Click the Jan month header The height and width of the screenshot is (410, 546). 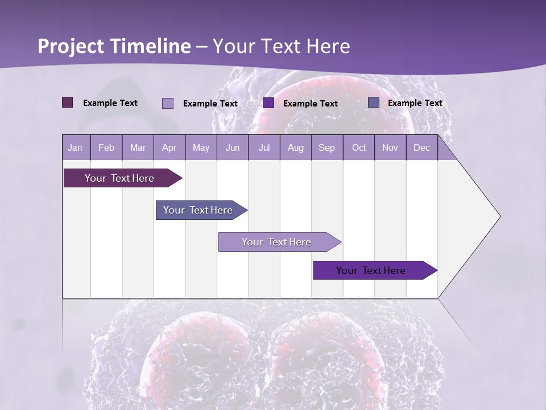[x=75, y=148]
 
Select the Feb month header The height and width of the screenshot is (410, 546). [x=106, y=148]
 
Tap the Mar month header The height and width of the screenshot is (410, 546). [x=138, y=148]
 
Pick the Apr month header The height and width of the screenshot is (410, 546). [x=169, y=148]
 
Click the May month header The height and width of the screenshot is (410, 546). [x=201, y=148]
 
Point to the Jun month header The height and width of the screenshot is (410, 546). [x=233, y=148]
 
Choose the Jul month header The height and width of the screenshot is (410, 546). [x=264, y=148]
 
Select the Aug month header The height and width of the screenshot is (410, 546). [x=296, y=148]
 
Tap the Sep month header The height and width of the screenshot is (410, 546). [x=327, y=148]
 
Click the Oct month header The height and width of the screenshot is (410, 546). [x=359, y=148]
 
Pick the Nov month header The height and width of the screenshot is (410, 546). [x=390, y=148]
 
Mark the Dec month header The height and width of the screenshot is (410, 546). [x=422, y=148]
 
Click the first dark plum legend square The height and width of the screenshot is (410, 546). [x=68, y=102]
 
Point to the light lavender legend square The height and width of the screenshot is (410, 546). [x=168, y=103]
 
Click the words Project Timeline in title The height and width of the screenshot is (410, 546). [x=114, y=46]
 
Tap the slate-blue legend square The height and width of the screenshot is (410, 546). [x=374, y=102]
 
